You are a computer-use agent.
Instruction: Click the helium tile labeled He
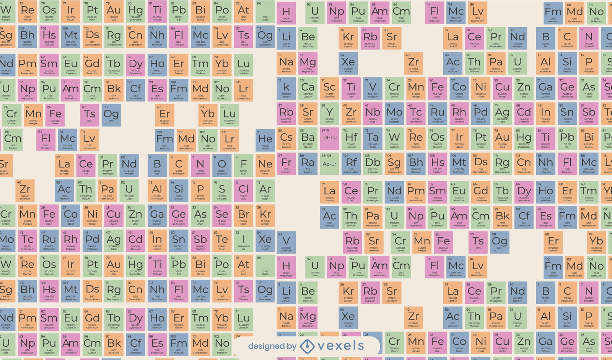tap(265, 140)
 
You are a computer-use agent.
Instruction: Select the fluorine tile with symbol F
tap(243, 165)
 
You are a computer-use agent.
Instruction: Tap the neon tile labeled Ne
tap(265, 165)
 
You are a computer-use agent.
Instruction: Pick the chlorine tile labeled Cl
tap(243, 190)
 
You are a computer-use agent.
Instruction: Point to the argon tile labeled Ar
tap(265, 190)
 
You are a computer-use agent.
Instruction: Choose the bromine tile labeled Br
tap(243, 215)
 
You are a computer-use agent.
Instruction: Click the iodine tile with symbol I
tap(243, 240)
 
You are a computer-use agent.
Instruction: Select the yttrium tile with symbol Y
tap(329, 114)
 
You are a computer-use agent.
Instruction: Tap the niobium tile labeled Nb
tap(373, 114)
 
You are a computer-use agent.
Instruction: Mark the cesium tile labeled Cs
tap(286, 138)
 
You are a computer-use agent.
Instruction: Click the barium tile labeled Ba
tap(308, 138)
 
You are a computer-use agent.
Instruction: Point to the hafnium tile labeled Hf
tap(351, 138)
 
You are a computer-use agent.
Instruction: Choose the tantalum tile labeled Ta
tap(373, 138)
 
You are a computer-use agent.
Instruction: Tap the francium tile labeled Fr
tap(286, 164)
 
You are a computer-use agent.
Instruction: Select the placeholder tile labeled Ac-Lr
tap(329, 163)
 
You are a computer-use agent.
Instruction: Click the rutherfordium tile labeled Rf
tap(351, 164)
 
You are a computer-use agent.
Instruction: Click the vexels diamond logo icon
tap(307, 347)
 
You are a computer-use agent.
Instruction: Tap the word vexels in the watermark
tap(340, 346)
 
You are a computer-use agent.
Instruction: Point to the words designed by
tap(272, 347)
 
